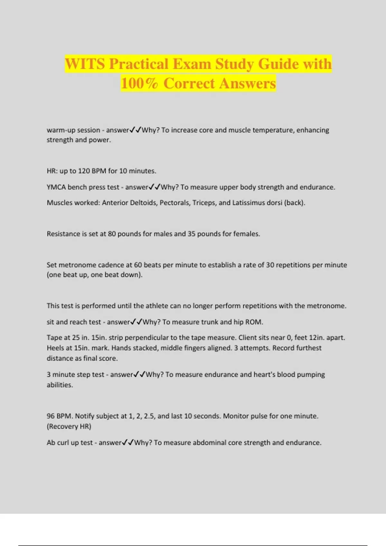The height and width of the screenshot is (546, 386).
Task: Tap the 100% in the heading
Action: (x=140, y=84)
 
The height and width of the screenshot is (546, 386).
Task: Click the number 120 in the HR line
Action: (x=84, y=171)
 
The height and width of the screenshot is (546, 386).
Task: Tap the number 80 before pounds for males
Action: (x=112, y=234)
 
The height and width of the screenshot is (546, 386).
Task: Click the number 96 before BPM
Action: (x=51, y=416)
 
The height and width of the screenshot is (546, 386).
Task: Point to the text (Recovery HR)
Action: (x=69, y=427)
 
